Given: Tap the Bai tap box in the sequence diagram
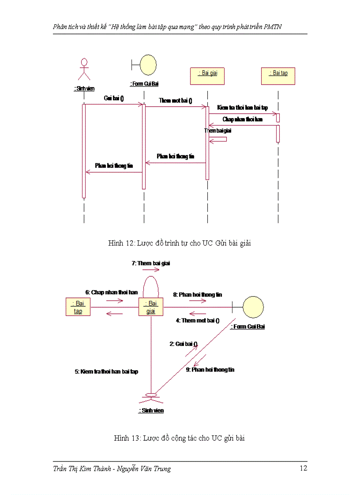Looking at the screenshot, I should coord(277,75).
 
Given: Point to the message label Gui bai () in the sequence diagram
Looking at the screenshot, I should coord(113,98).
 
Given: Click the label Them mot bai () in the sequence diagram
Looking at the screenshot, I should coord(176,100).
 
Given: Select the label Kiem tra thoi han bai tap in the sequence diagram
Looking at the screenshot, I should coord(242,108).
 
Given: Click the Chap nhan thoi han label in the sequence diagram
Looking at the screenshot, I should coord(242,119).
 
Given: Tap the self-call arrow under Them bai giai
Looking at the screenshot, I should coord(219,139).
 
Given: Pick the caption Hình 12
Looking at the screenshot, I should coord(180,243).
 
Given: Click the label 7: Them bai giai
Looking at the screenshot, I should coord(150,263).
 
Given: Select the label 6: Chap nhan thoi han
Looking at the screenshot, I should coord(112,292).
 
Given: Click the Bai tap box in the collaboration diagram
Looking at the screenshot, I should coord(79,307).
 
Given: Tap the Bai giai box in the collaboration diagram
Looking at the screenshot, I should coord(151,307).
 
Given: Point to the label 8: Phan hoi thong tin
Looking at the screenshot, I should coord(197,294).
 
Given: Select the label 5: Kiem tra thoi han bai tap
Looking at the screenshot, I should coord(106,372).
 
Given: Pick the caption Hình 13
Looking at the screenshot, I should coord(179,438).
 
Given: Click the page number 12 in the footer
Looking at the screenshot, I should coord(303,468).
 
